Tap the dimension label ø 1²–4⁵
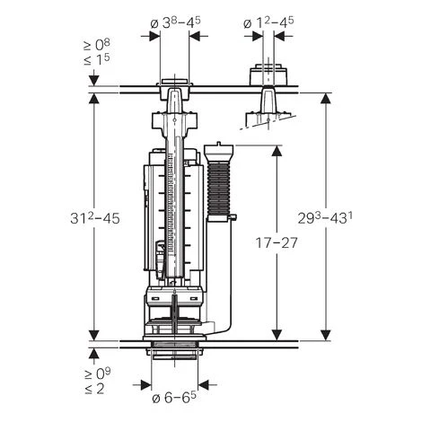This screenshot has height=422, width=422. point(268,18)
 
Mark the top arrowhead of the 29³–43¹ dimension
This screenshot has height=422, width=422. point(326,95)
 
